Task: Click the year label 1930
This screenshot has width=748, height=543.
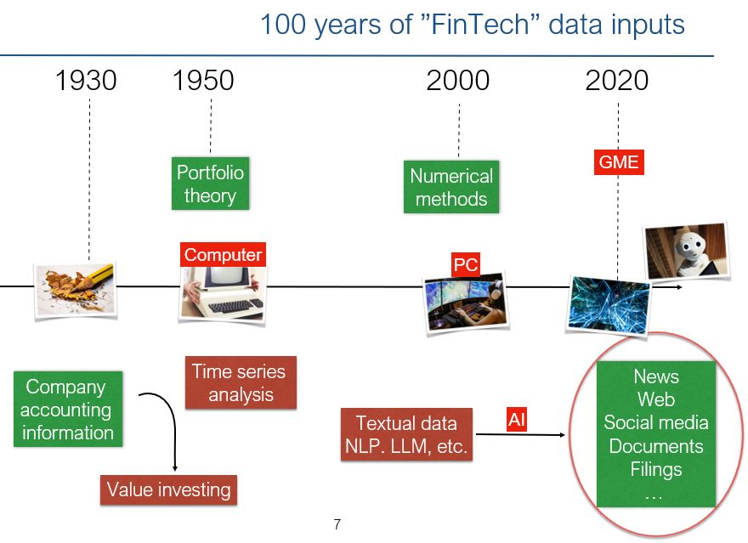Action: (x=86, y=80)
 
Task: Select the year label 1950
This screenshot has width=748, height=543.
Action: (x=203, y=80)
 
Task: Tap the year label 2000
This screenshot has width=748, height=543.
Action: (x=458, y=80)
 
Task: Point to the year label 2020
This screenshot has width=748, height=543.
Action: (x=617, y=80)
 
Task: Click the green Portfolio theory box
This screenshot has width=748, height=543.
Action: (x=211, y=184)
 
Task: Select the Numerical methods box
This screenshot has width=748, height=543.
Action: (x=451, y=187)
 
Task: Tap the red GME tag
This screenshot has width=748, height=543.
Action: (x=619, y=162)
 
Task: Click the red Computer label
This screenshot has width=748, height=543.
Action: (x=223, y=255)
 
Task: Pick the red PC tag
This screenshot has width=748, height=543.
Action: (x=466, y=264)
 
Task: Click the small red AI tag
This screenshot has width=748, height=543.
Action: (x=517, y=420)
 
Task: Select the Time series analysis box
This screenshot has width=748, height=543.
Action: (x=241, y=382)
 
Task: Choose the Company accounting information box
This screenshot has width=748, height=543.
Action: (x=68, y=409)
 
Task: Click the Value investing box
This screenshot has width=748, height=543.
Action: (x=168, y=490)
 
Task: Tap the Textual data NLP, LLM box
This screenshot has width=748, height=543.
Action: (x=406, y=434)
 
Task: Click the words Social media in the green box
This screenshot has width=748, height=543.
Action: (x=656, y=422)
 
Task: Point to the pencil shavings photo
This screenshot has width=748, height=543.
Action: (x=76, y=290)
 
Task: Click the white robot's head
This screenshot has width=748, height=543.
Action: (x=692, y=246)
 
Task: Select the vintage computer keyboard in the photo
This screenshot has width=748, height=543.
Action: (x=235, y=306)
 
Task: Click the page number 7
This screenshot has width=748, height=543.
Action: (x=337, y=524)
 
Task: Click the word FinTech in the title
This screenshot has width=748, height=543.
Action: (x=480, y=25)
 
